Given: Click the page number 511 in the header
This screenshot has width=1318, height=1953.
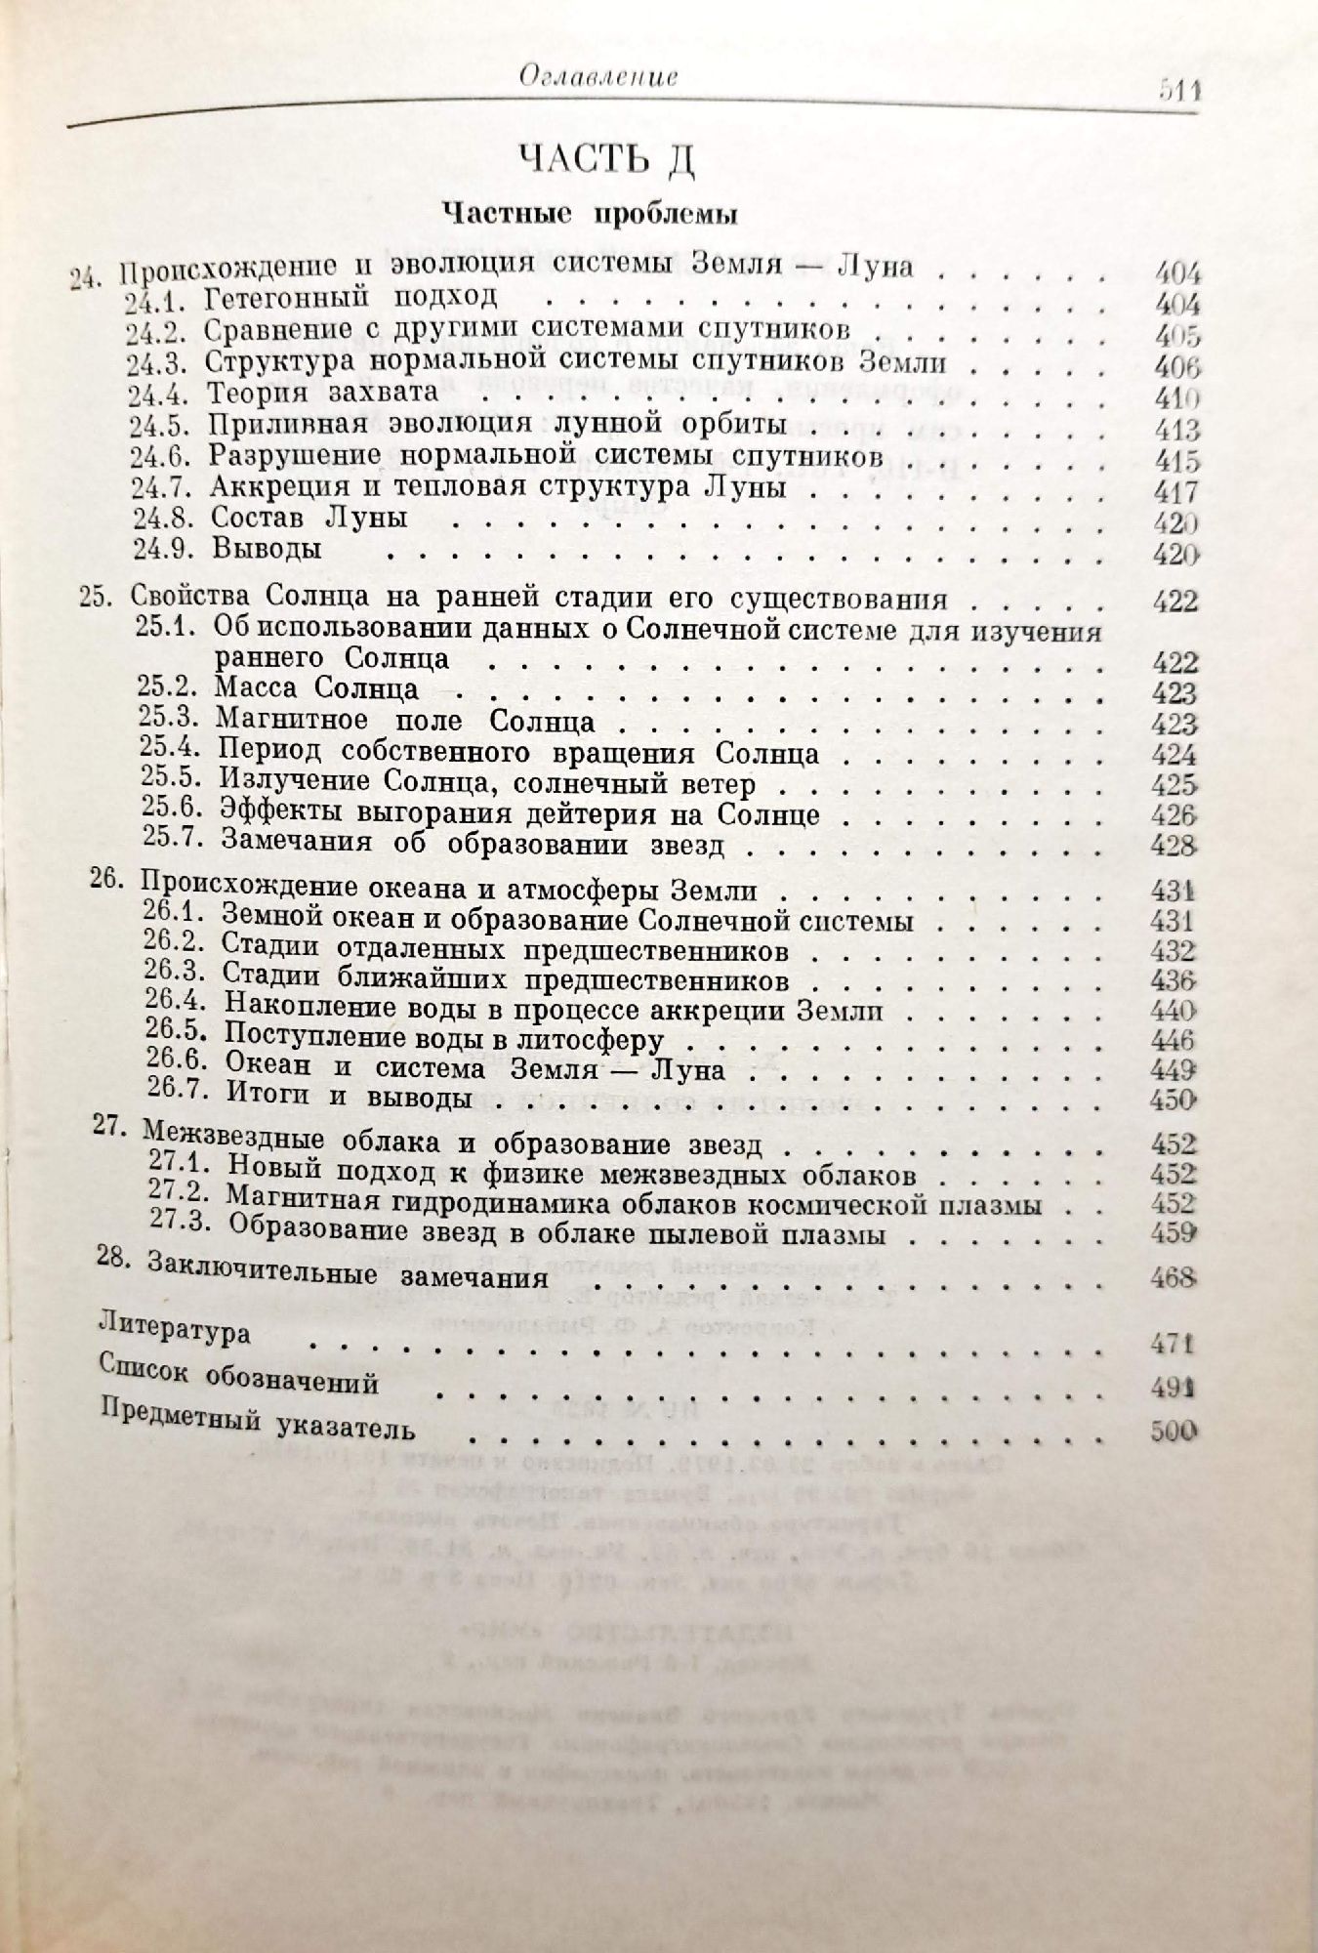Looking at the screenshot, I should (1177, 89).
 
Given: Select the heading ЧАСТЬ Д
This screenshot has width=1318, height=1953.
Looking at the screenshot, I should (605, 159).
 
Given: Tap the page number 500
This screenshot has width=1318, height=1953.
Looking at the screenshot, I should (1173, 1431).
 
